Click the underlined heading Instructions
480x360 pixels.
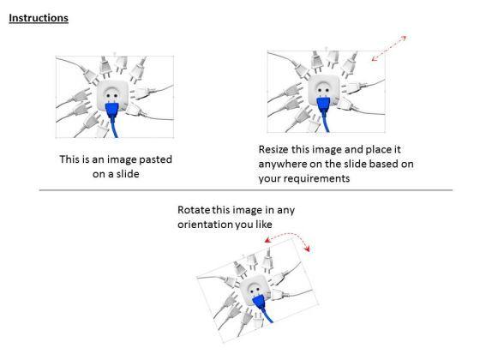[39, 18]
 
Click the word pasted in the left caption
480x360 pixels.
[155, 159]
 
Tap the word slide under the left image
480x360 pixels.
[128, 174]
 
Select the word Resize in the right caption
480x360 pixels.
[273, 149]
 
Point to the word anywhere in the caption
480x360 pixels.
[282, 164]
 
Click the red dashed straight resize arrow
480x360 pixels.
[389, 48]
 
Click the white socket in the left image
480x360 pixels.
[112, 95]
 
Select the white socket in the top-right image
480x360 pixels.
[324, 89]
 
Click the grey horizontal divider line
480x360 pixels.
[246, 190]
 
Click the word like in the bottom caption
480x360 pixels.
[264, 225]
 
